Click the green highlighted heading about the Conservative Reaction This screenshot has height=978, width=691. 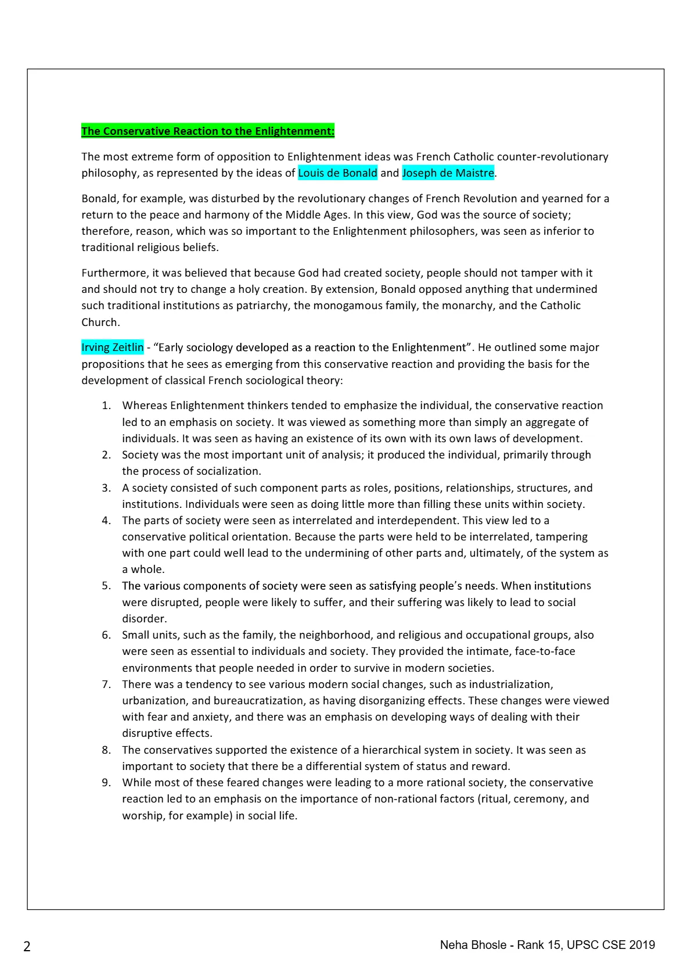pos(207,131)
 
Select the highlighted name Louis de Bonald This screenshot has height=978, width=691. pos(337,173)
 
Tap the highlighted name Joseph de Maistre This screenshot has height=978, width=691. pos(448,173)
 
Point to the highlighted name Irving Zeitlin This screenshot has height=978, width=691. pos(112,348)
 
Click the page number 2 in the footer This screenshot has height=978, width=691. pos(27,947)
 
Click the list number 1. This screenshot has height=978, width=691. pos(106,406)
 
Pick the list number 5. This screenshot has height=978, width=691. pos(106,586)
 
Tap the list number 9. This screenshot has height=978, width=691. pos(106,783)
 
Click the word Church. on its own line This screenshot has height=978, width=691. pos(100,323)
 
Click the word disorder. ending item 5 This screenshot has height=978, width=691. pos(144,619)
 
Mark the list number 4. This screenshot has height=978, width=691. pos(106,521)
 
